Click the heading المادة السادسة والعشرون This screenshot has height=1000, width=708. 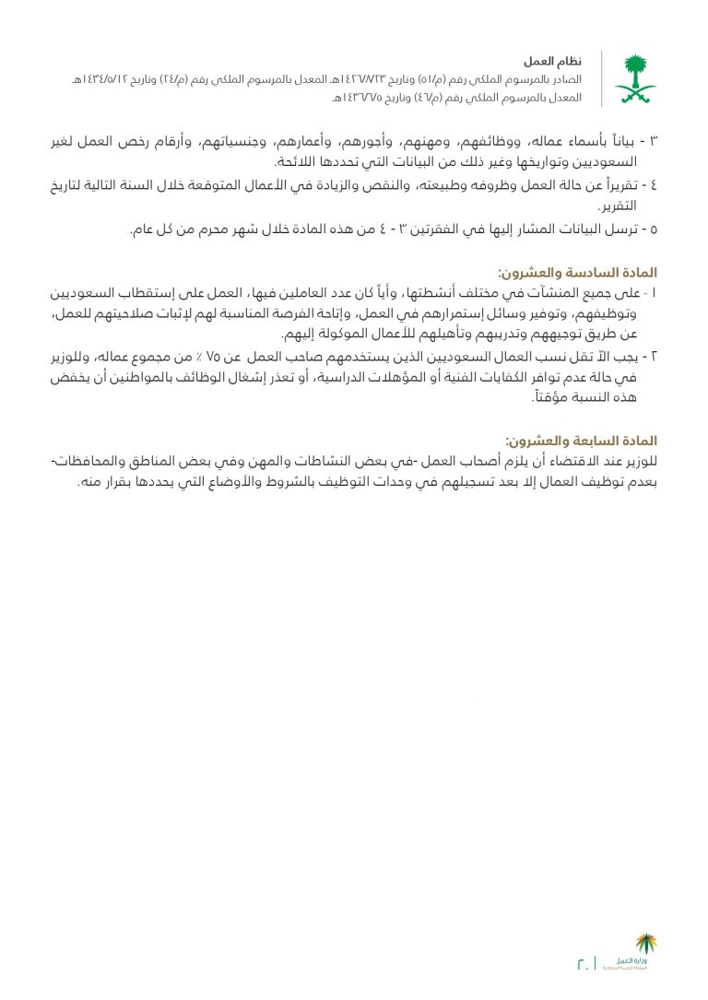point(576,273)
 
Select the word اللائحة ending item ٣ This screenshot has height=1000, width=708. point(305,162)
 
